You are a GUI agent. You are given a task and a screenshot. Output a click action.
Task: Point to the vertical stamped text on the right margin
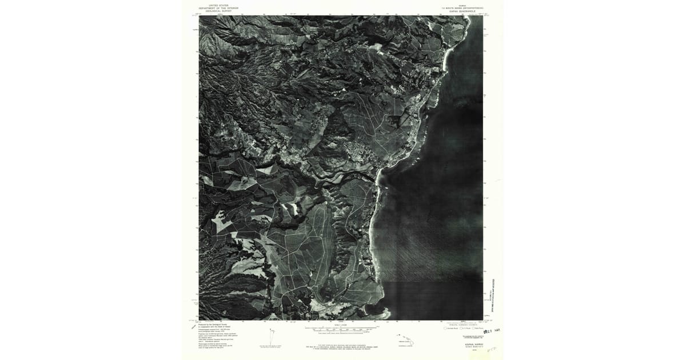click(493, 286)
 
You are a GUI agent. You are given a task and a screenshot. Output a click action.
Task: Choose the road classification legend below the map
click(457, 329)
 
